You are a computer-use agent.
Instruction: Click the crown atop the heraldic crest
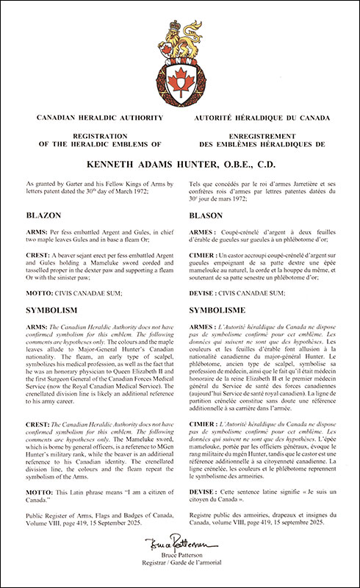click(180, 27)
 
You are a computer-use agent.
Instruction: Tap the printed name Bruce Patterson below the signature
click(181, 564)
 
